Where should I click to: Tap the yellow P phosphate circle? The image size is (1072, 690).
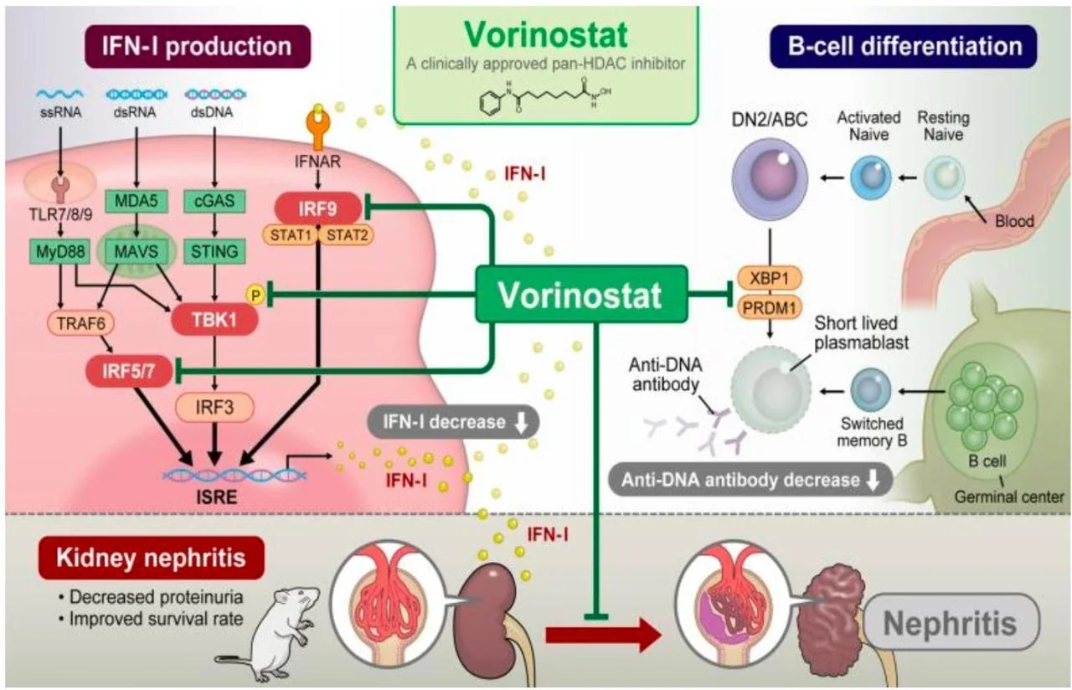253,293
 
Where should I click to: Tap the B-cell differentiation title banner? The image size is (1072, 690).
905,45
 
